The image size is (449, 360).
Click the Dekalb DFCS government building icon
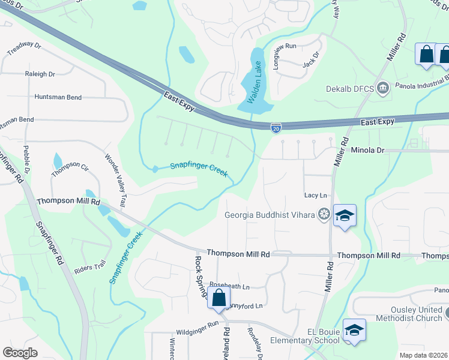tap(383, 89)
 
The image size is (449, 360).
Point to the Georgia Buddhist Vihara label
tap(270, 215)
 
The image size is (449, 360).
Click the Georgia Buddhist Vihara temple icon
tap(324, 214)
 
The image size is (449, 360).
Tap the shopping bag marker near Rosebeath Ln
tap(218, 297)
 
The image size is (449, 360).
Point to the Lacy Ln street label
tap(315, 195)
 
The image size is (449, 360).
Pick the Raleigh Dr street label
tap(40, 74)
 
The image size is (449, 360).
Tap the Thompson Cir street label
tap(70, 169)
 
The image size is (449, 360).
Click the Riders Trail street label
tap(90, 268)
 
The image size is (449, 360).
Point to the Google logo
tap(20, 352)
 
